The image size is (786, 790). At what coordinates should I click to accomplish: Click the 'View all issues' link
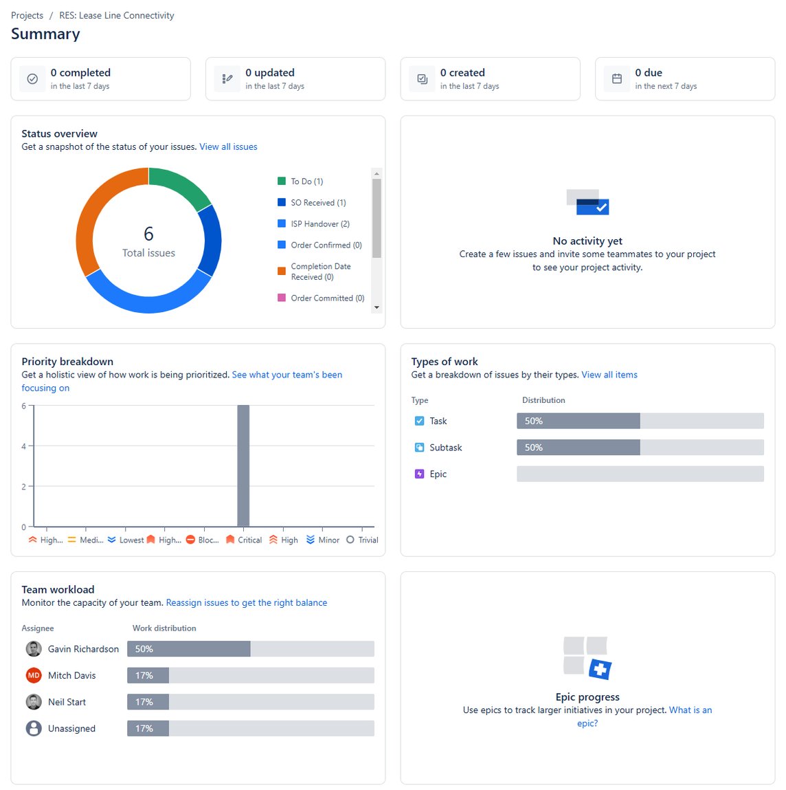[x=228, y=146]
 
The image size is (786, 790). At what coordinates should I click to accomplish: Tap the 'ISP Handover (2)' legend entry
[x=319, y=223]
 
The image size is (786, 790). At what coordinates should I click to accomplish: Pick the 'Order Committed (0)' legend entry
[x=327, y=298]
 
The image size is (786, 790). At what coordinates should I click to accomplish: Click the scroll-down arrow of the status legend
[x=377, y=307]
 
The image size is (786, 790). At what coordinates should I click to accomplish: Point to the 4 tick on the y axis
[x=24, y=446]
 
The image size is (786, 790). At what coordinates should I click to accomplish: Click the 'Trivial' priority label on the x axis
[x=368, y=540]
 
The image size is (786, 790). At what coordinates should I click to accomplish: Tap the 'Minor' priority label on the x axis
[x=328, y=540]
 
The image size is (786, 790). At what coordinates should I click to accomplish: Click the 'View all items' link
[x=609, y=375]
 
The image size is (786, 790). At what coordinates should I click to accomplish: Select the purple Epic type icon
[x=419, y=474]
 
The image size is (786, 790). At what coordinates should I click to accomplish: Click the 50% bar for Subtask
[x=578, y=448]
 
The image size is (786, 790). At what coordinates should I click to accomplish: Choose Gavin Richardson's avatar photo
[x=34, y=649]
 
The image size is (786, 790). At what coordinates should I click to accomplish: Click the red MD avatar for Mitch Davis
[x=34, y=675]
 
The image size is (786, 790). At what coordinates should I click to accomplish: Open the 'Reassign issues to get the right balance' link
[x=246, y=602]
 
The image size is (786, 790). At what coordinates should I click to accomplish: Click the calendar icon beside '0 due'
[x=617, y=79]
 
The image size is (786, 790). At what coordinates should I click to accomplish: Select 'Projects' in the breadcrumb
[x=27, y=15]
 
